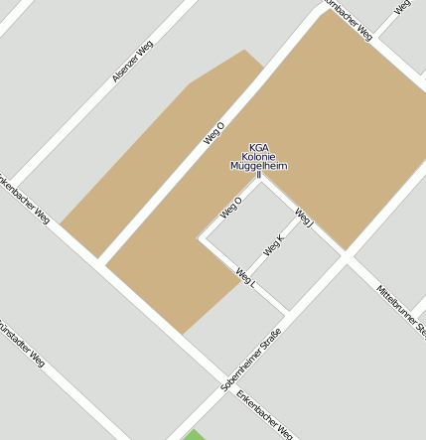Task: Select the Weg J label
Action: click(304, 218)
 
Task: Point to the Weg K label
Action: click(274, 243)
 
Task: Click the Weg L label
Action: click(246, 277)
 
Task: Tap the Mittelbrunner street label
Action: click(401, 308)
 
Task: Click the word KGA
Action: click(258, 147)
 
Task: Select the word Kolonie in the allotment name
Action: click(258, 157)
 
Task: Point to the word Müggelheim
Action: click(258, 166)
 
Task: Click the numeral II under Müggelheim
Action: click(258, 175)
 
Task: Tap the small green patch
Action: click(194, 435)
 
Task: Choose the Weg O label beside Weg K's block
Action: click(231, 207)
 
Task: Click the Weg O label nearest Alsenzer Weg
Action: click(214, 132)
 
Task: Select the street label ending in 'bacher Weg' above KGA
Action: click(348, 20)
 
